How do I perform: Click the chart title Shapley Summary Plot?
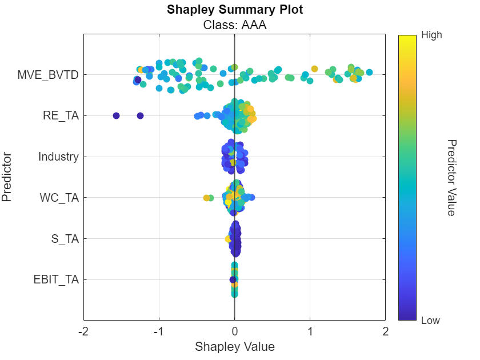234,10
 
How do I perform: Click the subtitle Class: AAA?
234,25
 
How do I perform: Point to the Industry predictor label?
58,157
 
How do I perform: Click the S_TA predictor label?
65,239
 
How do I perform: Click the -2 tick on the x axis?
83,331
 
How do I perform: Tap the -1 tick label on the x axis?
159,331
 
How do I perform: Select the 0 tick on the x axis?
234,331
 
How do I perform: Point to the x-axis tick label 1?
310,331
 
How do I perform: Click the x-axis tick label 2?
386,331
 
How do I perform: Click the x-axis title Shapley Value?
234,347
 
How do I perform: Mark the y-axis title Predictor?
7,177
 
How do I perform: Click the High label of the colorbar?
431,35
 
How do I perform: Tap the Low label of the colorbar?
430,321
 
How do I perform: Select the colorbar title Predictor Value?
451,177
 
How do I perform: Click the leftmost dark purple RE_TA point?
116,115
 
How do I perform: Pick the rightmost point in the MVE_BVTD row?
369,72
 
